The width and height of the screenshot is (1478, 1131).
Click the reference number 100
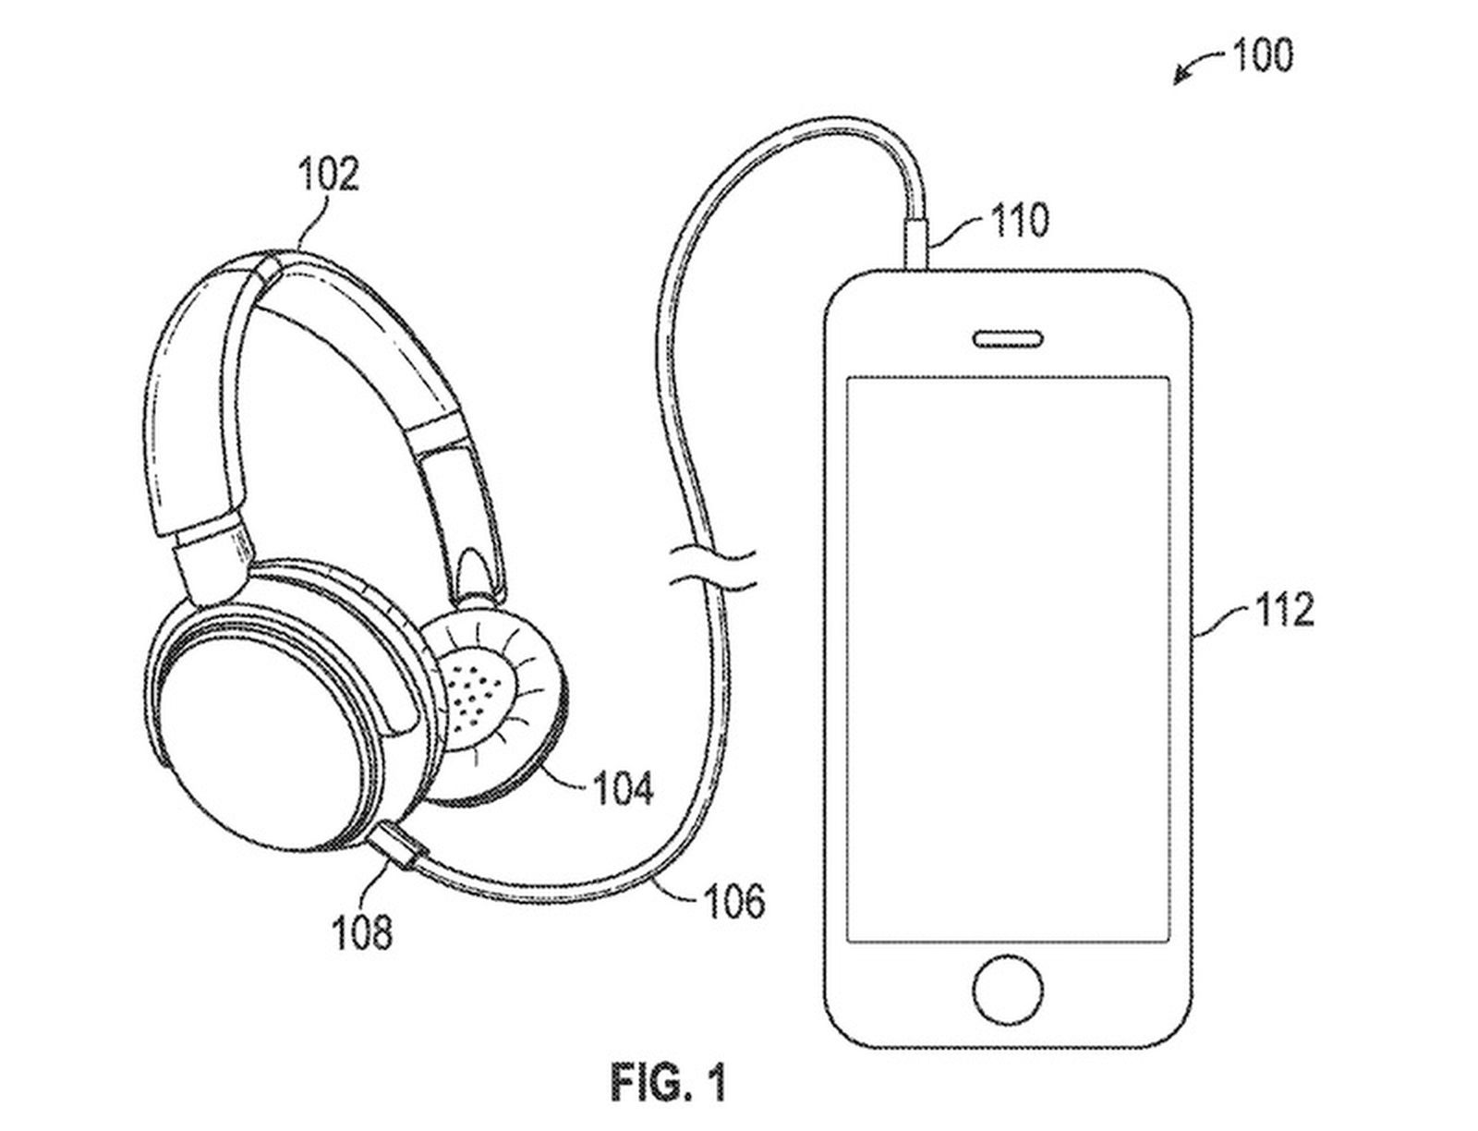click(x=1263, y=56)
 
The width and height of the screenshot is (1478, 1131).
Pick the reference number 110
click(x=1020, y=221)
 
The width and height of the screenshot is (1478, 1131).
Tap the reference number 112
click(x=1284, y=610)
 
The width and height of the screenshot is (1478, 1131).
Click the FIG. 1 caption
click(x=668, y=1082)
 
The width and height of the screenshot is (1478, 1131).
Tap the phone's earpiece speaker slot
click(x=1009, y=339)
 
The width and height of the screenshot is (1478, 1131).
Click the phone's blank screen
click(x=1009, y=658)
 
